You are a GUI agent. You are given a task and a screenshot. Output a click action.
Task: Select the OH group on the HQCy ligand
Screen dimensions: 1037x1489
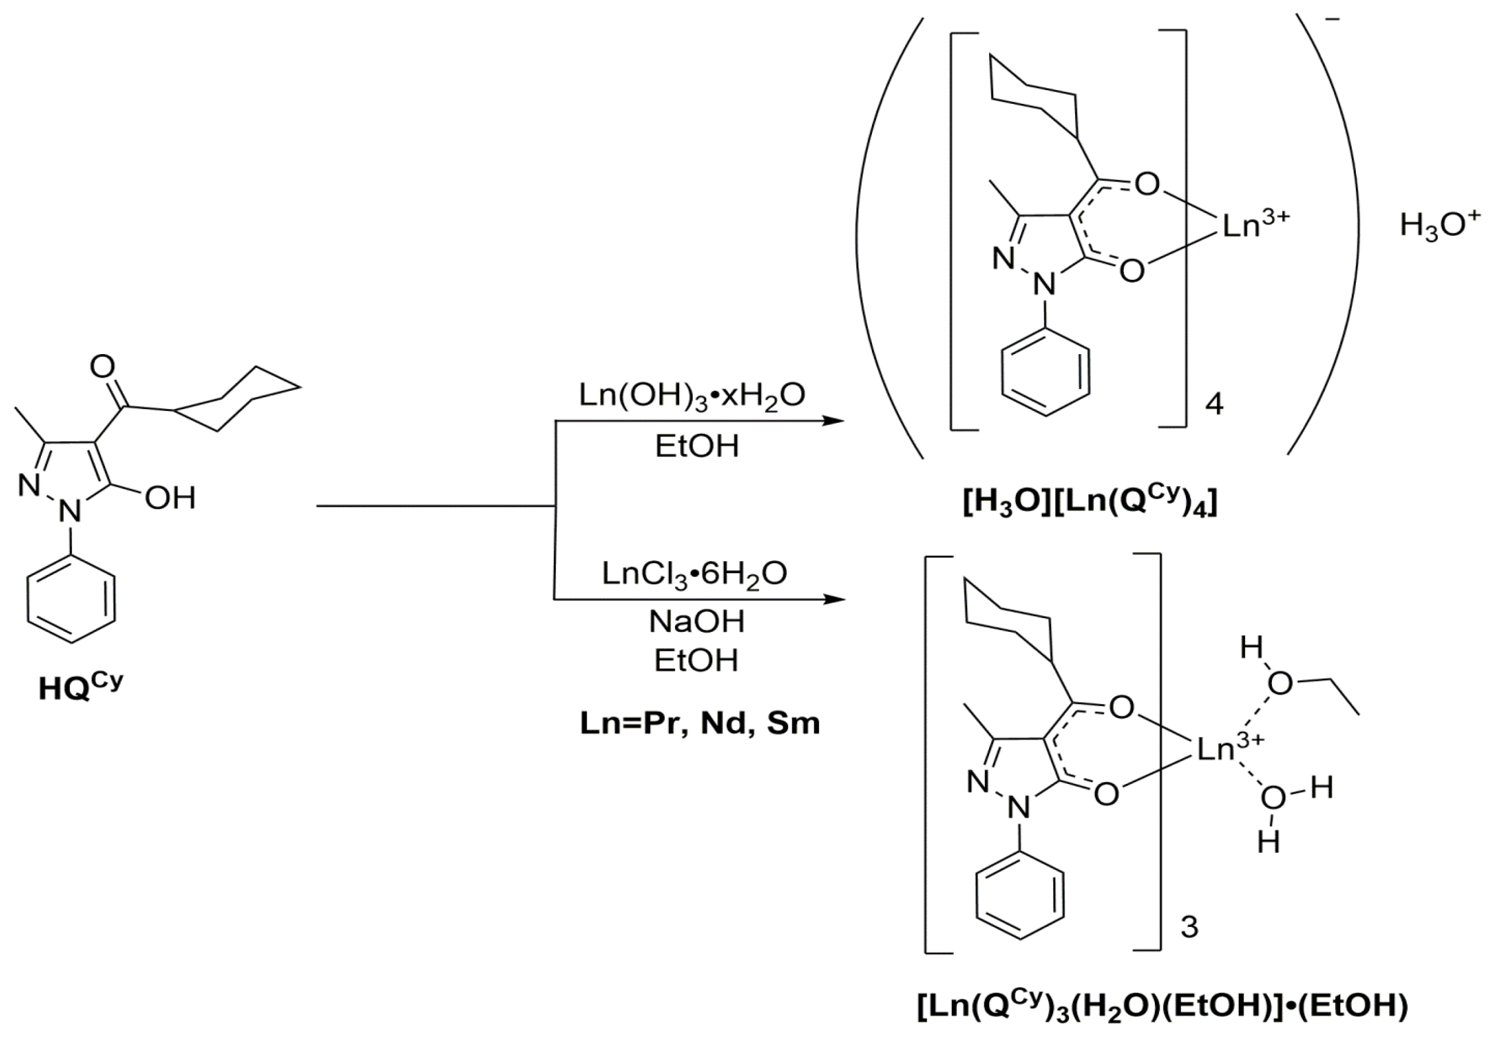click(170, 498)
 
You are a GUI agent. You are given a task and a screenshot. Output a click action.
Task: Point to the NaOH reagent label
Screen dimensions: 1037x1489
click(696, 622)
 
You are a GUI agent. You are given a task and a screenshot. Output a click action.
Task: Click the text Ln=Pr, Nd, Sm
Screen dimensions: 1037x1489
click(700, 723)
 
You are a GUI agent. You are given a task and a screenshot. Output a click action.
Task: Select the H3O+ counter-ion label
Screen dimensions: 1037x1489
click(1439, 225)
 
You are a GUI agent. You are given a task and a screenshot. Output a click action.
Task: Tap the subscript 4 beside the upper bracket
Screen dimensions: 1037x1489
click(1213, 404)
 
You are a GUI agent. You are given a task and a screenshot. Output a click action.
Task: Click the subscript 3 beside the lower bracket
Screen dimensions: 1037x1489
click(1189, 927)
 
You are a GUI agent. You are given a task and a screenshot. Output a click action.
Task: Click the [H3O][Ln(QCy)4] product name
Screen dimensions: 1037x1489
click(1089, 503)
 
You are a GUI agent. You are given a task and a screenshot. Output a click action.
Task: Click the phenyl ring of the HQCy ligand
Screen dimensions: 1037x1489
click(71, 599)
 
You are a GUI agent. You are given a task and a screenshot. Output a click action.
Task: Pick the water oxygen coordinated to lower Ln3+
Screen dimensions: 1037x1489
click(1272, 797)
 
